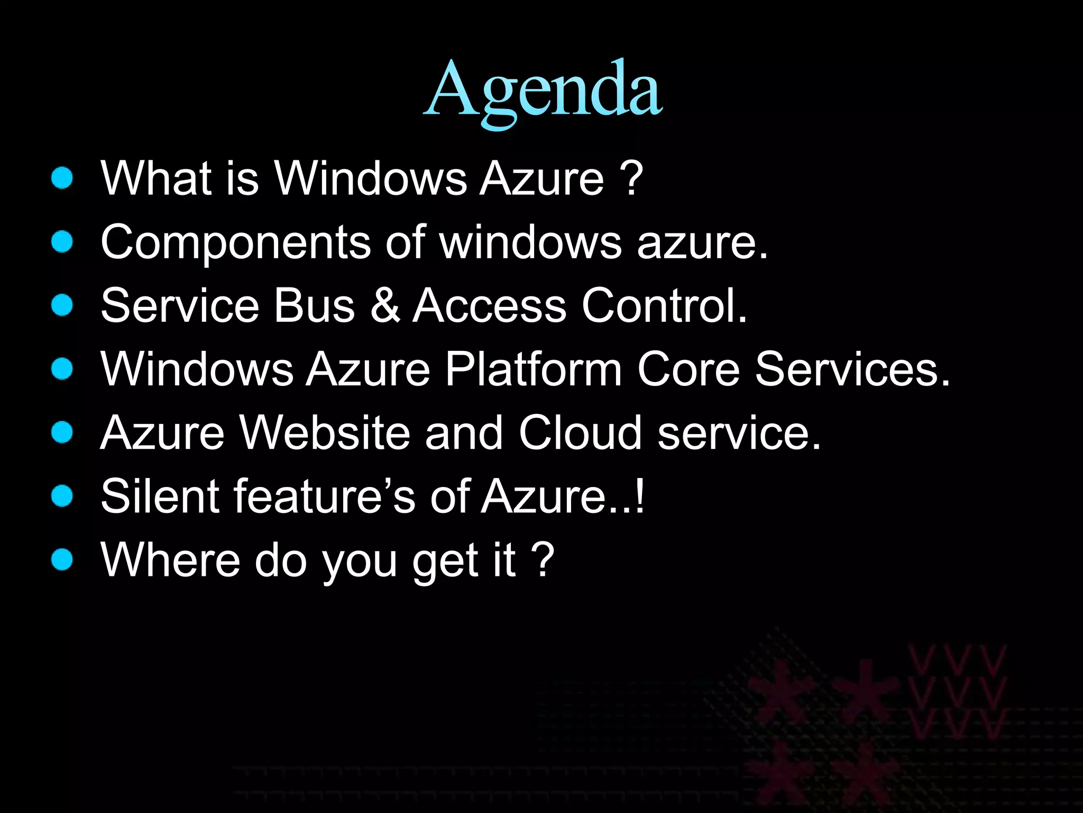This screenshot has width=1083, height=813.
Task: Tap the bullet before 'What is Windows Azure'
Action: (x=62, y=178)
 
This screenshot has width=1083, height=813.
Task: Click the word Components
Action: (x=235, y=242)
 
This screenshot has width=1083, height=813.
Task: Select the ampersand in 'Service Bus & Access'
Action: (x=384, y=305)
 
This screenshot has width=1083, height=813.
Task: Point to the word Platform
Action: (x=533, y=369)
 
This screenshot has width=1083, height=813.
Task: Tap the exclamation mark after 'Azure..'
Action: (x=640, y=496)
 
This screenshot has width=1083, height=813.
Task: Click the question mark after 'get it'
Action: (x=544, y=559)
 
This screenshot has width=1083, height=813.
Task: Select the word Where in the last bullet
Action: (x=170, y=559)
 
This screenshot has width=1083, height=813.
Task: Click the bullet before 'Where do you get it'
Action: (x=62, y=559)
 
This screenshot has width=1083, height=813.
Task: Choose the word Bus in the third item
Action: (x=314, y=305)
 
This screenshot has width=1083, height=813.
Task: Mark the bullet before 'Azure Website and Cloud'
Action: (x=62, y=432)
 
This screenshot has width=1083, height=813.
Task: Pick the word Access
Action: (x=489, y=305)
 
